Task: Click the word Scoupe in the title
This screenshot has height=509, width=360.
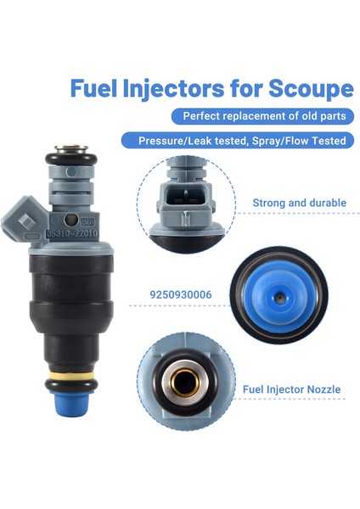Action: click(x=311, y=88)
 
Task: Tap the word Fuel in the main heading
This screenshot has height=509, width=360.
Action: click(x=91, y=88)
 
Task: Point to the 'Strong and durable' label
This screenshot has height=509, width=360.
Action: click(x=299, y=203)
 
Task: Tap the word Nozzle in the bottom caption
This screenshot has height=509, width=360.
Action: click(x=322, y=389)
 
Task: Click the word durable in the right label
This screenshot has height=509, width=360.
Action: click(x=324, y=203)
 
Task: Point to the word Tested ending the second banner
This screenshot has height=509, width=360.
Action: click(x=326, y=141)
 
